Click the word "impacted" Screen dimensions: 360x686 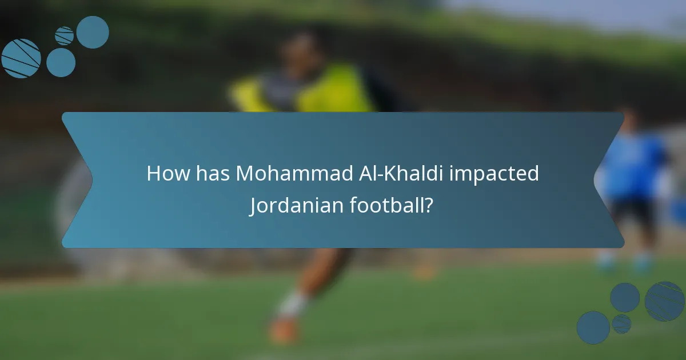coord(494,174)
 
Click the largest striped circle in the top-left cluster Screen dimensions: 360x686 coord(21,58)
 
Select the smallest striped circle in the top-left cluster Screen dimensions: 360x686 coord(64,35)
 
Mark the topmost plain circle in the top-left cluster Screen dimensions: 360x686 coord(93,32)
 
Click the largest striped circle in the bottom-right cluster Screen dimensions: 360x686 coord(664,301)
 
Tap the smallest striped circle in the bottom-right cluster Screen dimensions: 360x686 coord(621,324)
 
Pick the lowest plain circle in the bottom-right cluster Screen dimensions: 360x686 coord(593,327)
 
